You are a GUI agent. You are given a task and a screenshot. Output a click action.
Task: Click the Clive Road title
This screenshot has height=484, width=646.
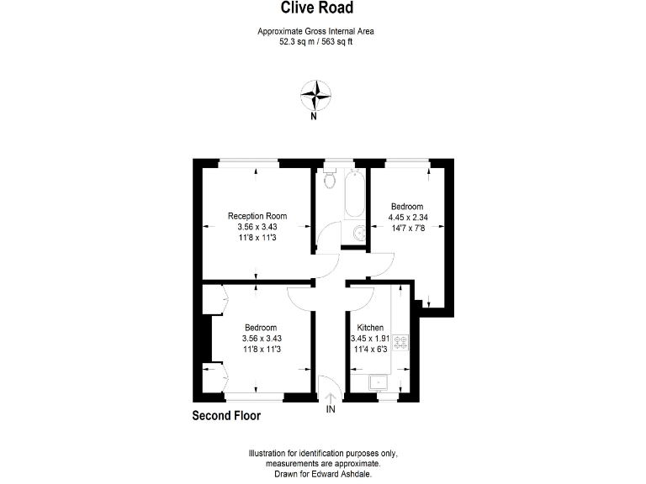[x=316, y=8]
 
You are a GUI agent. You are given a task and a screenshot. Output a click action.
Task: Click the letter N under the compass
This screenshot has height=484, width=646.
[x=314, y=117]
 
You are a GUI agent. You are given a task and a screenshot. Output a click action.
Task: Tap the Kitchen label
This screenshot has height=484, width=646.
[x=370, y=328]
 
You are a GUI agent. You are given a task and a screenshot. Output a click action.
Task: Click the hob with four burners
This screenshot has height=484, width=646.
[x=401, y=342]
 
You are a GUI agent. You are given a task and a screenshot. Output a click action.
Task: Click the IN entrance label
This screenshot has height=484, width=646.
[x=331, y=409]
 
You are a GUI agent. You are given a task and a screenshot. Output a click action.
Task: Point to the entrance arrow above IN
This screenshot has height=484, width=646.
[x=331, y=397]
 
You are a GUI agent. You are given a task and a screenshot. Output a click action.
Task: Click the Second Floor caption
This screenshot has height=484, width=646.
[x=226, y=415]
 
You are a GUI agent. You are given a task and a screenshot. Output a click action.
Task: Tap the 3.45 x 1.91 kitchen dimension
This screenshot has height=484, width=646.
[x=370, y=339]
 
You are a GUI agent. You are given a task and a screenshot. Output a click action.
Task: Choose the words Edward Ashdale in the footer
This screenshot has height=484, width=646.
[x=353, y=473]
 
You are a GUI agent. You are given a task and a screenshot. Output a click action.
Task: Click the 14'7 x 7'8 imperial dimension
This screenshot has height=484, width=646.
[x=406, y=227]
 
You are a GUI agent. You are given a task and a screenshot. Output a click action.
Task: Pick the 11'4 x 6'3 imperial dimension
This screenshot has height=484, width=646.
[x=370, y=350]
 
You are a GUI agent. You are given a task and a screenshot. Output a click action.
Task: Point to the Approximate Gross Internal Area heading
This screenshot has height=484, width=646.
[x=315, y=31]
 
